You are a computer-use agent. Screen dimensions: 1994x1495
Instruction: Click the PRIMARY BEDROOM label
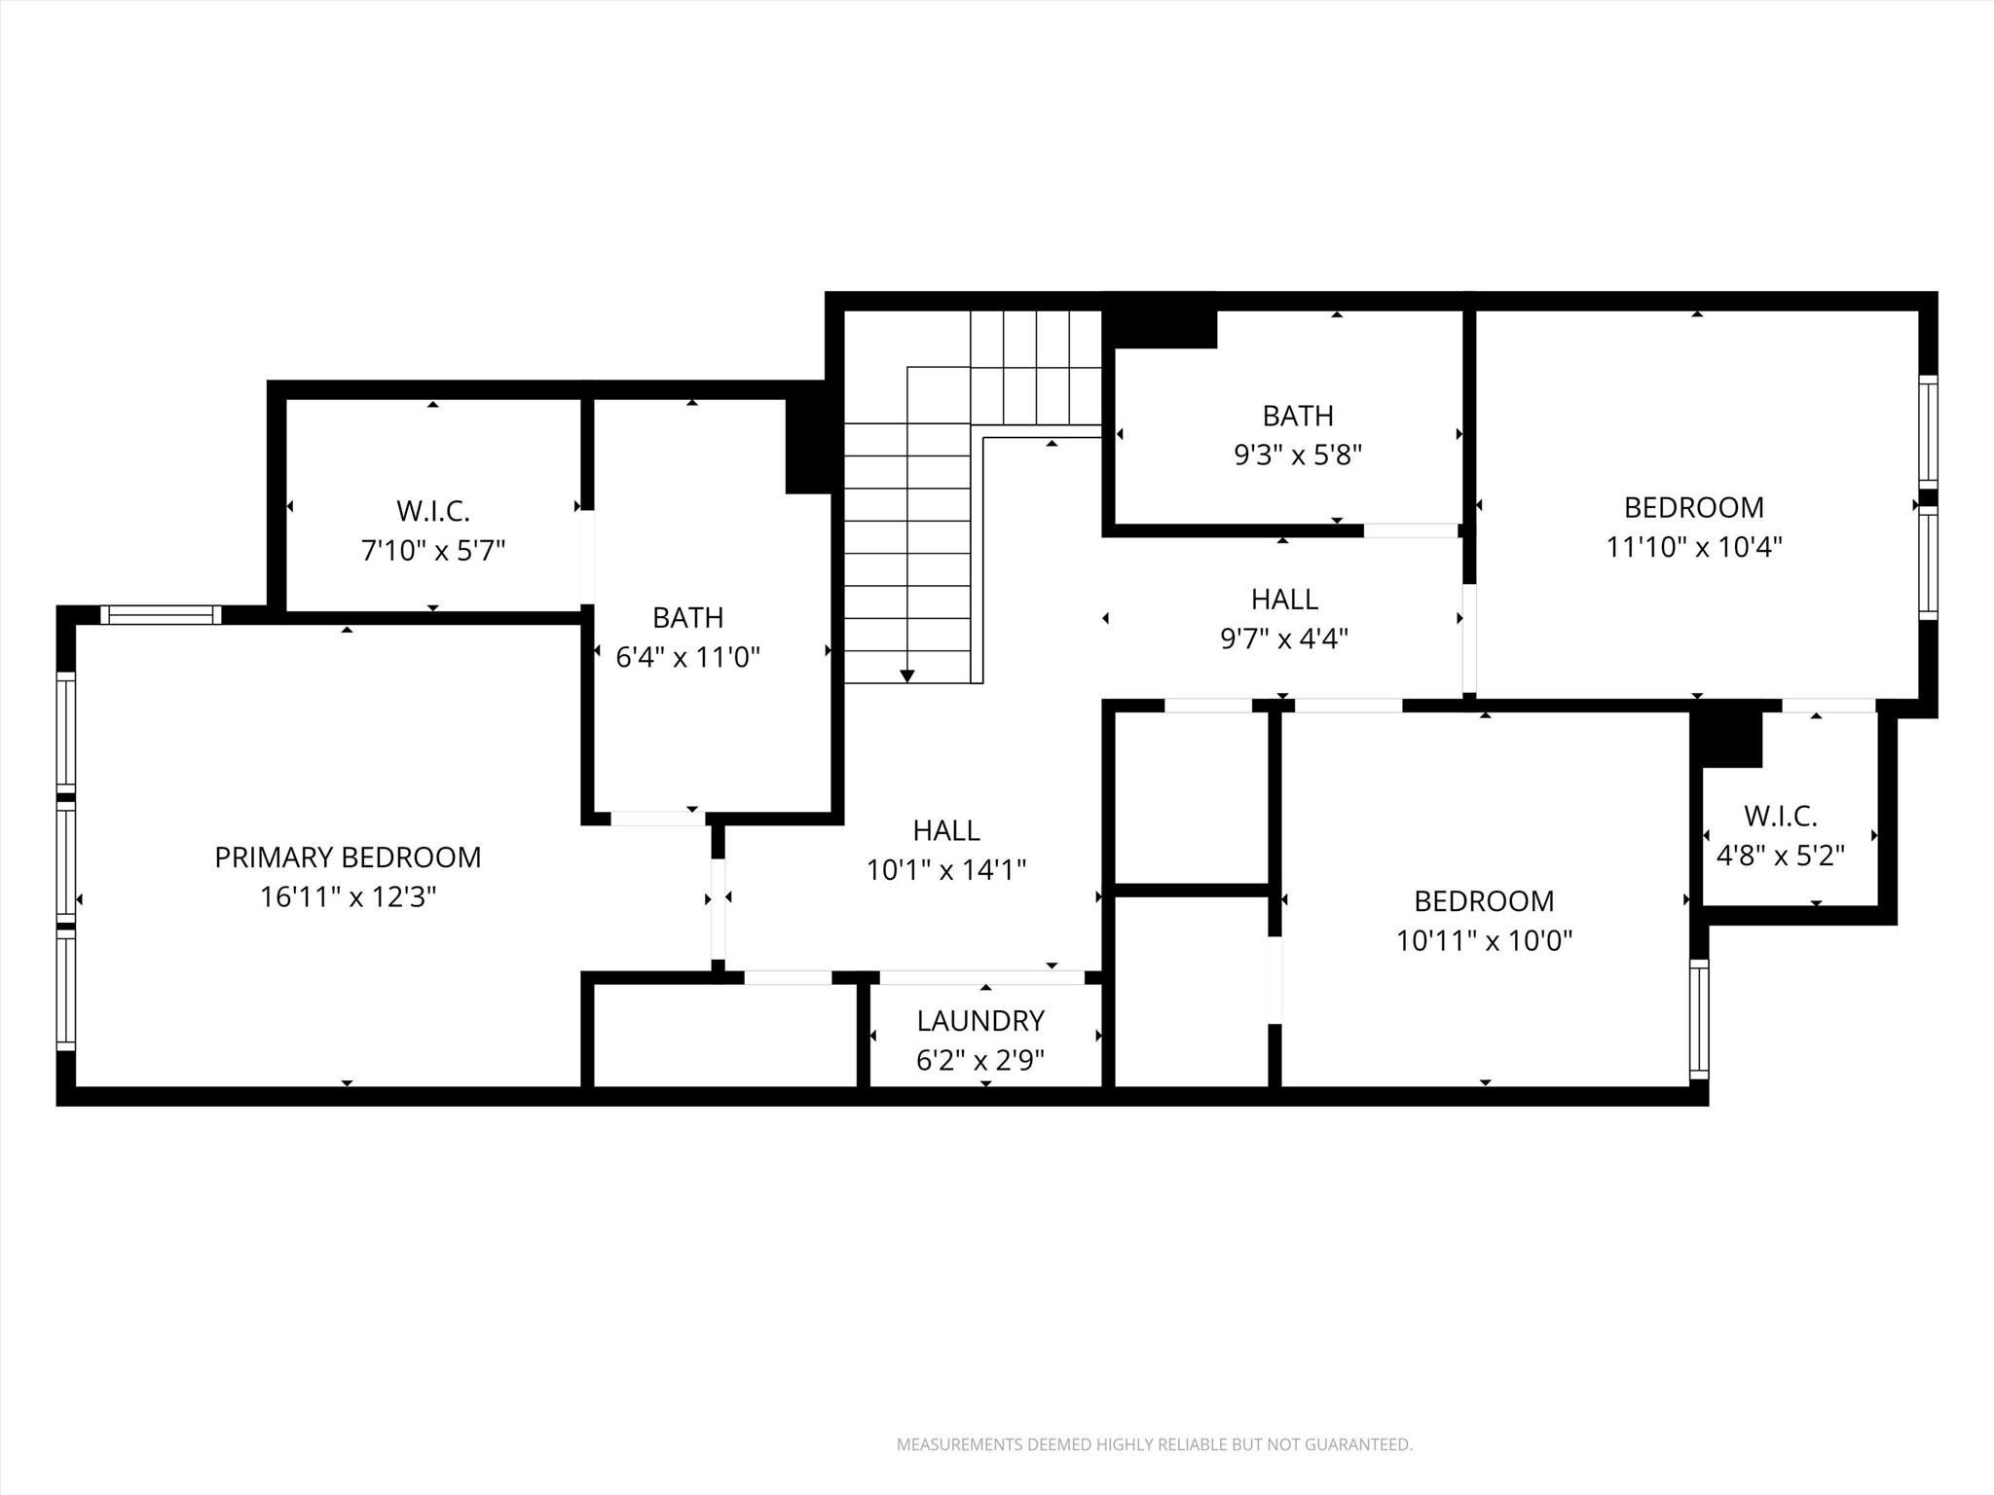click(x=348, y=857)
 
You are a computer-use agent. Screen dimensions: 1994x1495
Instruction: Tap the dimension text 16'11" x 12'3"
click(x=348, y=897)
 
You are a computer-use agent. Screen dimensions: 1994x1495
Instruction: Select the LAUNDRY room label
click(x=980, y=1021)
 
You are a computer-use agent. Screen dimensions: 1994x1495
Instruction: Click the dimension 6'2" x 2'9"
click(x=980, y=1060)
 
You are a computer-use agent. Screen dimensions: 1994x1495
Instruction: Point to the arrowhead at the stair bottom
click(x=907, y=675)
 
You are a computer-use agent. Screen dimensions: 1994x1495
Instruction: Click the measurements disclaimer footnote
click(x=1154, y=1444)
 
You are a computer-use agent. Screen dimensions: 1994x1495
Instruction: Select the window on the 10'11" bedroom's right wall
click(x=1699, y=1019)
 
